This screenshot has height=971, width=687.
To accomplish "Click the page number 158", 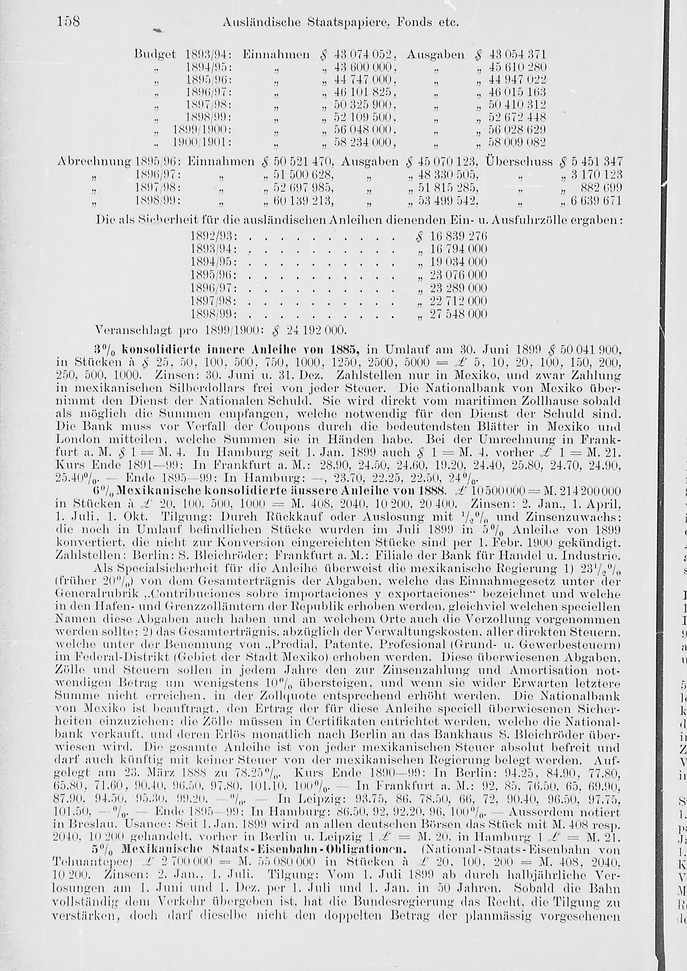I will point(68,22).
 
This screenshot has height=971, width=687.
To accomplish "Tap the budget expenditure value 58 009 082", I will point(517,142).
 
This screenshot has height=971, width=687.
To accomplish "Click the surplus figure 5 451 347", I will point(596,162).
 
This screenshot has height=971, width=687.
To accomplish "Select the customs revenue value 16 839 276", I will point(459,236).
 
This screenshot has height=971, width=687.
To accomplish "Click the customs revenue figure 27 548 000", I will point(459,314).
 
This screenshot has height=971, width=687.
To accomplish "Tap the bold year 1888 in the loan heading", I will point(430,491).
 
